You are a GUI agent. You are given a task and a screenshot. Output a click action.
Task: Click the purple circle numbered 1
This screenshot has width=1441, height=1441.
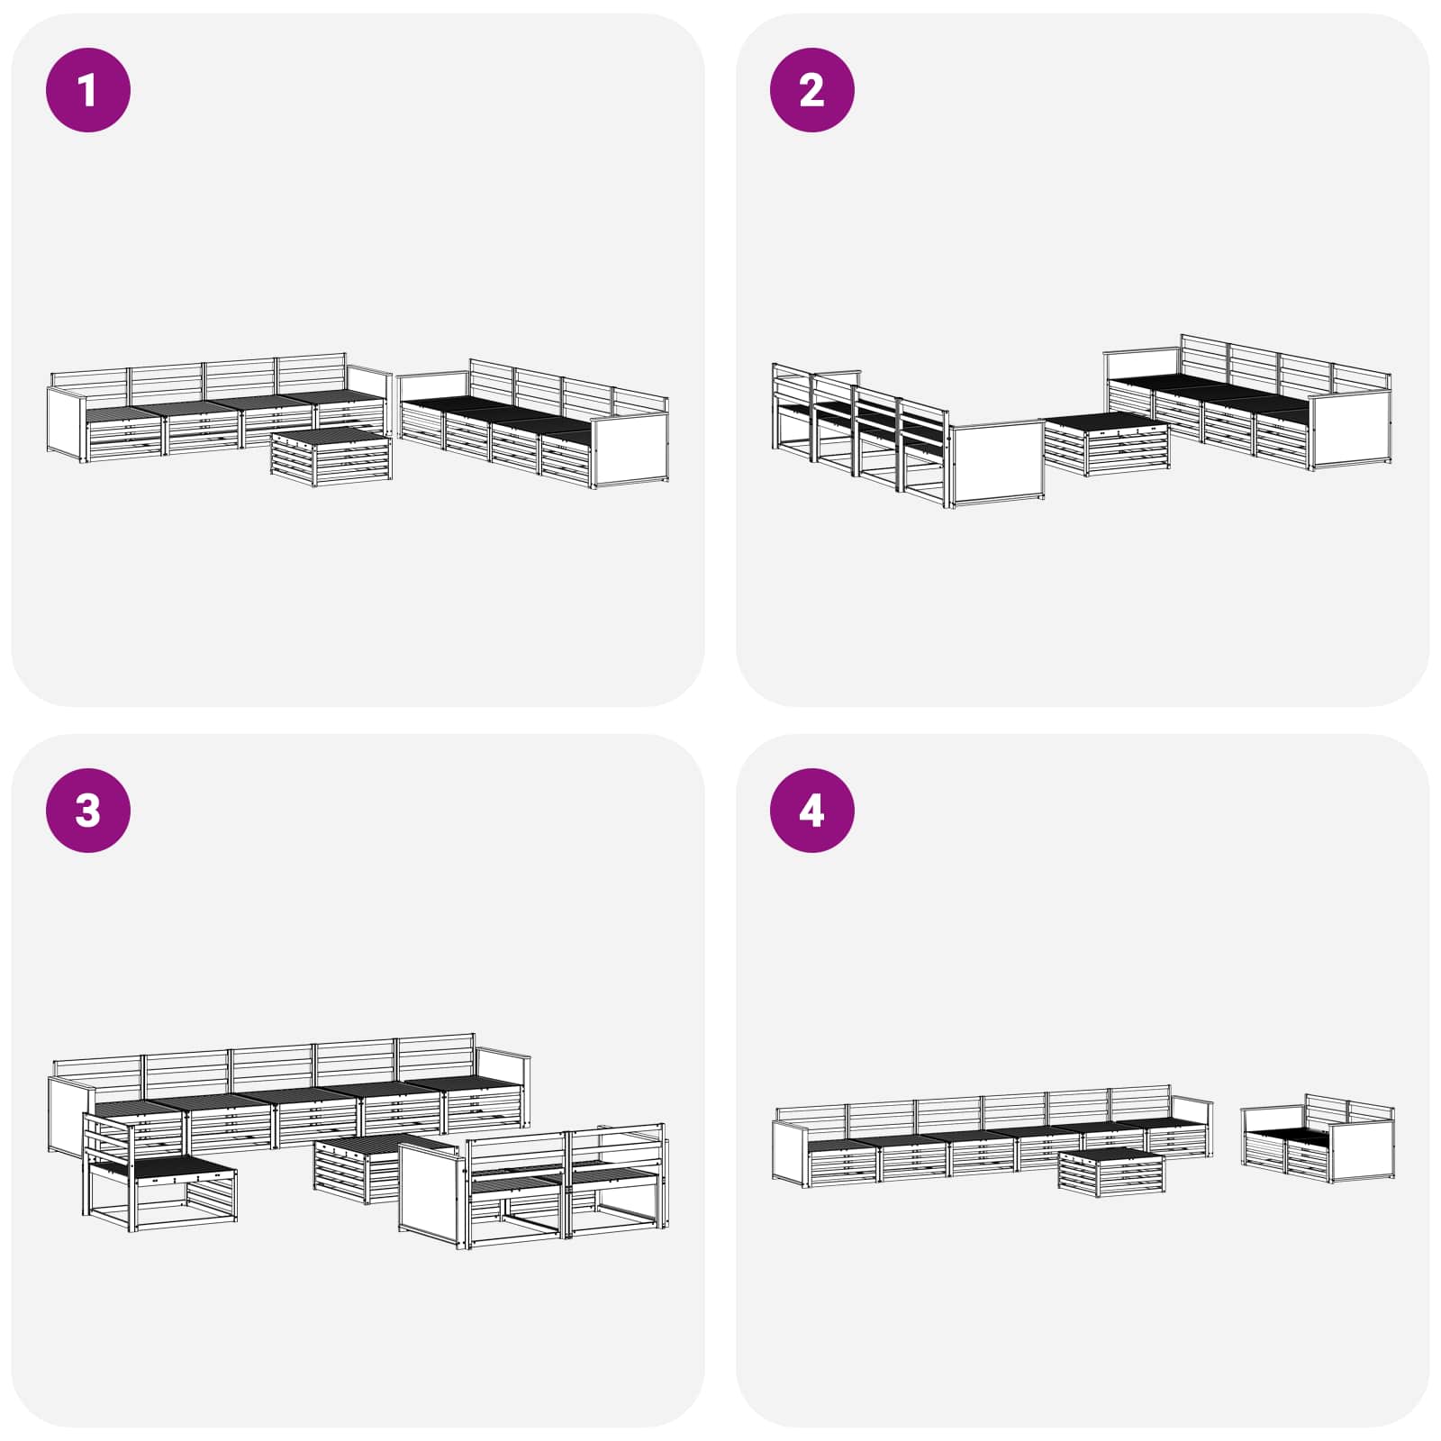[x=88, y=90]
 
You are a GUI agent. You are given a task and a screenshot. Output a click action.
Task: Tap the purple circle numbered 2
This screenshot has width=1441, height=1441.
[x=811, y=90]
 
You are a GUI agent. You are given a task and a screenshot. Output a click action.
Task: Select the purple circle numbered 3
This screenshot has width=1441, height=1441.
[x=88, y=810]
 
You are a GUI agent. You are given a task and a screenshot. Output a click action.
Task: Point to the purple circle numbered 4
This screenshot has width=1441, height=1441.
[x=811, y=810]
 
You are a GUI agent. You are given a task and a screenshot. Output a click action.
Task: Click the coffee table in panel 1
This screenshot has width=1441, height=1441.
[x=331, y=457]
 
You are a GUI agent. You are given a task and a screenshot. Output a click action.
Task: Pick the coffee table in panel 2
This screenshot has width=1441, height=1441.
[x=1105, y=444]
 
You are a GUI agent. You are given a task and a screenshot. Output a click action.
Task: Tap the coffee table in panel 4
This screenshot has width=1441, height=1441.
[x=1111, y=1173]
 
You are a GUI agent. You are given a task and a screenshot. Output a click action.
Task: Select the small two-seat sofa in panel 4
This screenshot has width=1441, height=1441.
[x=1318, y=1138]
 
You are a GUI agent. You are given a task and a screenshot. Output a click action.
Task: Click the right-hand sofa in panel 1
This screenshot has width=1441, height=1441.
[x=533, y=423]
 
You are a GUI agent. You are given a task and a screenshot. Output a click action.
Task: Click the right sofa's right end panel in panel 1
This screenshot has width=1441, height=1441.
[x=630, y=451]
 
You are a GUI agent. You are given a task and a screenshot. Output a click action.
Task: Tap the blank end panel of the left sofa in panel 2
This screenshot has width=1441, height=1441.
[x=998, y=464]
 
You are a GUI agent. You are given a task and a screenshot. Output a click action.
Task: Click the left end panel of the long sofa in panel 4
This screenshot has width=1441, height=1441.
[x=791, y=1155]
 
